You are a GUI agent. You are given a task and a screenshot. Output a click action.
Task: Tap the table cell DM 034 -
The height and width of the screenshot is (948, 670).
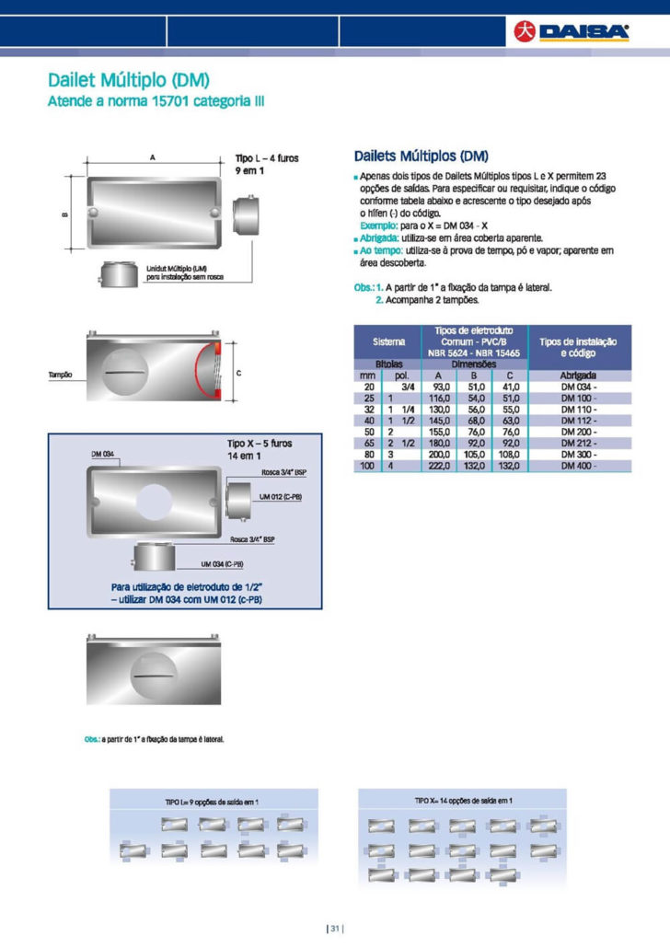pos(579,387)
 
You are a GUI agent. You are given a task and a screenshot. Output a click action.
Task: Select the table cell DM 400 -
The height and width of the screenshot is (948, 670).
pos(579,467)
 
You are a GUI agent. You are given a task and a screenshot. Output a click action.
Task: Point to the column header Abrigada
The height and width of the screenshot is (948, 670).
pos(579,376)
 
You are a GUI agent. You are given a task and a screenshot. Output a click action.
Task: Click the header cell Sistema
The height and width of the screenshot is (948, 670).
pos(388,341)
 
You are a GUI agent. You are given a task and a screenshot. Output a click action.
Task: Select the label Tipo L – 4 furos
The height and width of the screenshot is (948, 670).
pos(267,159)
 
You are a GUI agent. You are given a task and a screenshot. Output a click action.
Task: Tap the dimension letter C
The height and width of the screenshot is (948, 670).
pos(239,374)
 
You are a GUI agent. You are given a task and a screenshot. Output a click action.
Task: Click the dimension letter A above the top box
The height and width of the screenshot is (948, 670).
pos(152,158)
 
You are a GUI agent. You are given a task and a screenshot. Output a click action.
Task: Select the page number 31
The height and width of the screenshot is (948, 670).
pos(334,927)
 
